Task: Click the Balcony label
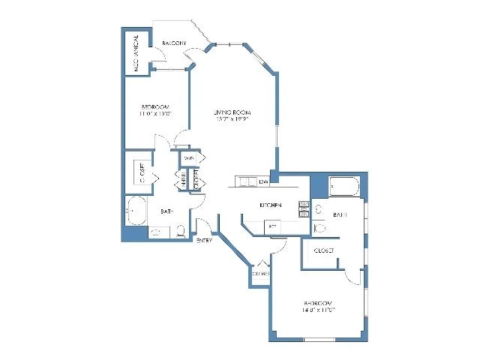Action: [x=174, y=43]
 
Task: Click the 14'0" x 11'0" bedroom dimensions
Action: [x=318, y=309]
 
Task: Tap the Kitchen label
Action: [x=270, y=205]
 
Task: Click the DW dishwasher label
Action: [x=263, y=181]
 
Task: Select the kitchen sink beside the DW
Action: [x=244, y=181]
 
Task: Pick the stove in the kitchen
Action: [x=304, y=209]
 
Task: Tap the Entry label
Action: [x=203, y=241]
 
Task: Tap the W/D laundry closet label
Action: [x=189, y=159]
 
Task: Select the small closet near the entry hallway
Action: [x=261, y=273]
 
